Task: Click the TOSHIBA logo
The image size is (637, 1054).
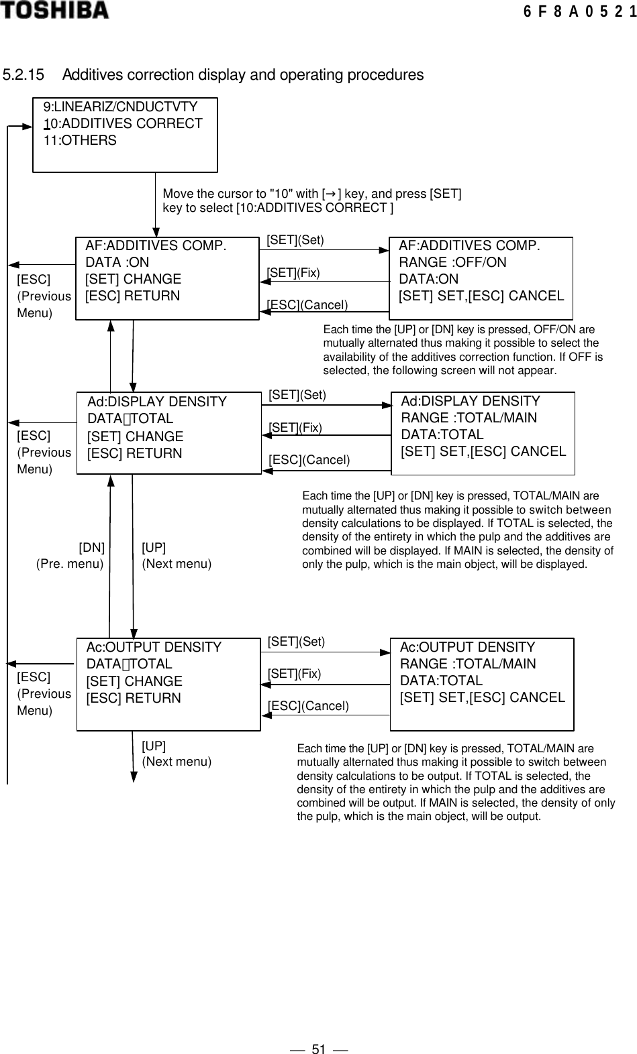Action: point(54,10)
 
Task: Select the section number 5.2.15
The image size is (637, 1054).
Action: point(25,74)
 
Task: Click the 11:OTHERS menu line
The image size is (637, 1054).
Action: point(80,140)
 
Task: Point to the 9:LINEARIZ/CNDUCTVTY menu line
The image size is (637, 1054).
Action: point(120,107)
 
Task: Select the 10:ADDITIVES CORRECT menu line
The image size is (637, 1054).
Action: point(123,123)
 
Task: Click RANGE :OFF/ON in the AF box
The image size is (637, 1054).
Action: point(452,262)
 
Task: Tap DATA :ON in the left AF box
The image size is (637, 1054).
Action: point(117,262)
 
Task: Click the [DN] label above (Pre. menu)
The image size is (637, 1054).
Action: point(92,547)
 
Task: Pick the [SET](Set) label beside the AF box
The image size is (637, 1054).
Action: point(295,240)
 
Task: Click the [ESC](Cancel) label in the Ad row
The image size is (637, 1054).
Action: point(309,460)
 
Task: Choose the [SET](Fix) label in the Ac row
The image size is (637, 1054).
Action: point(295,674)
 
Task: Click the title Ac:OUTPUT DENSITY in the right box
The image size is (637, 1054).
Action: point(467,647)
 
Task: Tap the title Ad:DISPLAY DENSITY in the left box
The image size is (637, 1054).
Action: point(157,402)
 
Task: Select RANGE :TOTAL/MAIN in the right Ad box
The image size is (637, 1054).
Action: point(469,418)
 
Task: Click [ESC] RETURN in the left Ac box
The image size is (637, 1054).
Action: point(134,698)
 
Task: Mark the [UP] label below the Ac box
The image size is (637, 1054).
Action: point(154,746)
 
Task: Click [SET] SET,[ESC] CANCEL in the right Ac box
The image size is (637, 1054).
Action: point(482,697)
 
